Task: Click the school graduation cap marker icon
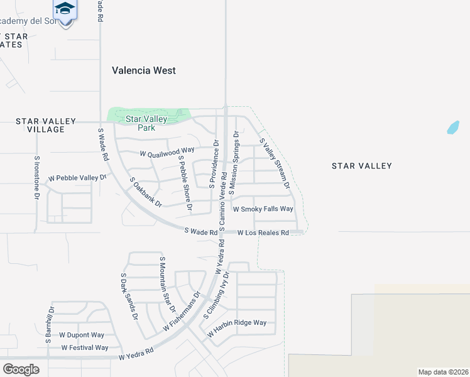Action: (x=64, y=9)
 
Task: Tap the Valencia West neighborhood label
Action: (x=144, y=70)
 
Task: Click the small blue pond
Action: (x=452, y=127)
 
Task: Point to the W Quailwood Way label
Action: (x=167, y=151)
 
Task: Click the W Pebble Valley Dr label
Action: (x=77, y=178)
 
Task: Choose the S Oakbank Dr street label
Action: (x=146, y=192)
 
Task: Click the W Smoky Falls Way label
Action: (x=263, y=209)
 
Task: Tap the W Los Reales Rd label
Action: (x=263, y=232)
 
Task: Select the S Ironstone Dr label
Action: (x=37, y=178)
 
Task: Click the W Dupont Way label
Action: (x=82, y=336)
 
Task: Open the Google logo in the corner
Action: (x=21, y=369)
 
